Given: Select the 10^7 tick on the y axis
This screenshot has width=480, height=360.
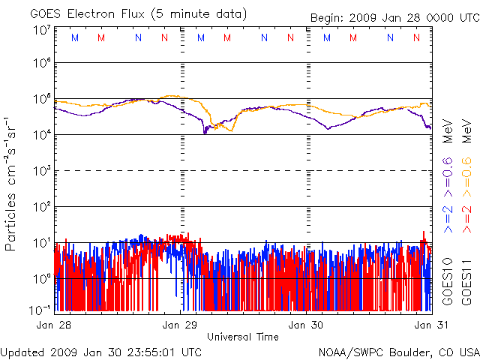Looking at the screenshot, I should click(41, 30).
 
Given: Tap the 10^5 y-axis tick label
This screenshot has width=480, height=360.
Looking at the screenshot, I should click(41, 100).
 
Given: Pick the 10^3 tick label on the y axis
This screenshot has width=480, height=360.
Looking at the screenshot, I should click(41, 172).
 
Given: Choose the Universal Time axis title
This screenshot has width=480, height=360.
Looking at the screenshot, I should click(242, 337).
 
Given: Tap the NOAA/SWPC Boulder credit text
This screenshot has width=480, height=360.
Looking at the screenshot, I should click(398, 351).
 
